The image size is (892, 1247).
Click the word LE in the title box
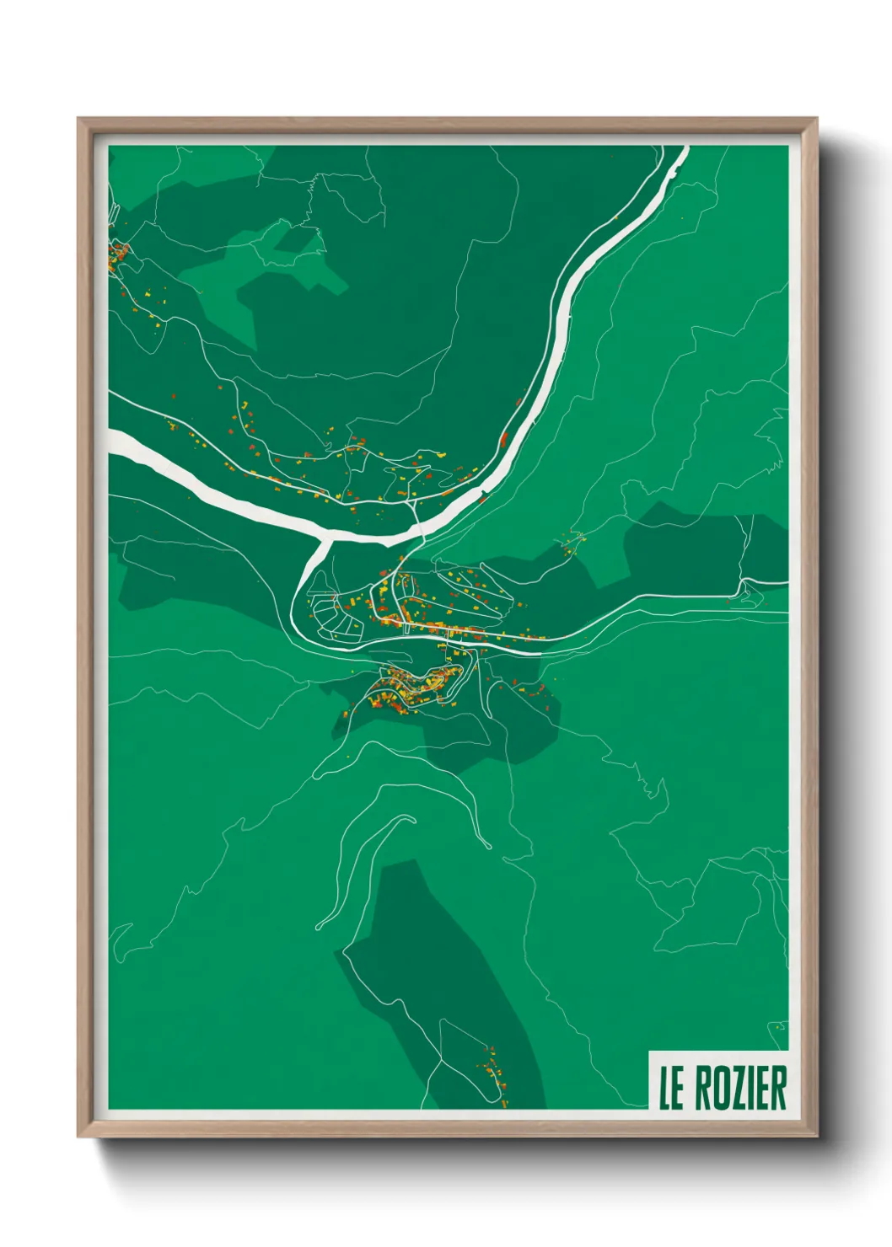671,1088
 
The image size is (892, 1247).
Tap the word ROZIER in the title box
741,1088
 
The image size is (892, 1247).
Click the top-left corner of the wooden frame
79,120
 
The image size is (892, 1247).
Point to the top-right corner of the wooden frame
815,120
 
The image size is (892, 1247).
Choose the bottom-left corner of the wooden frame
79,1135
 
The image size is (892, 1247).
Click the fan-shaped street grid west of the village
333,615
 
